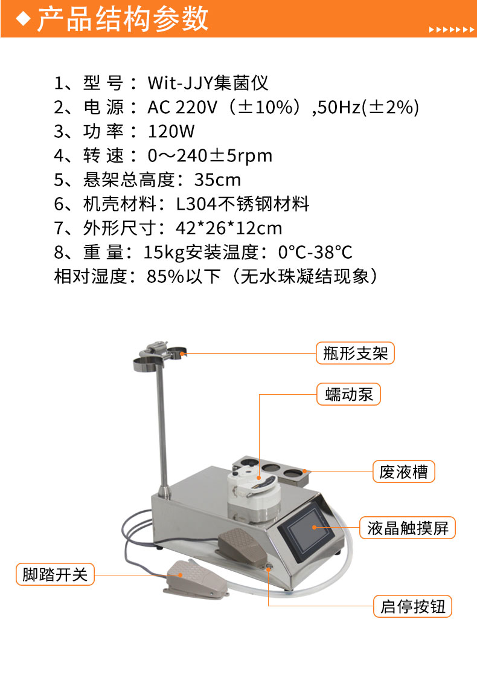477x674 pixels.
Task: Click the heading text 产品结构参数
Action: [123, 19]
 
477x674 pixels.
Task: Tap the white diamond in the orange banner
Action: [23, 19]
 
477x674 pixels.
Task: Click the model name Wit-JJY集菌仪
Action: [208, 83]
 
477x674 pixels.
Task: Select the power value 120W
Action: [171, 132]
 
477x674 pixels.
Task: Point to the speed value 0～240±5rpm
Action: [210, 155]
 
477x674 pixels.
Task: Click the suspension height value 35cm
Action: [218, 180]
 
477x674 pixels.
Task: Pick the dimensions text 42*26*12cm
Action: [229, 228]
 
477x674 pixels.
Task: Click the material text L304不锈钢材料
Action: [243, 204]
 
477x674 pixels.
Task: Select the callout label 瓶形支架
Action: [355, 354]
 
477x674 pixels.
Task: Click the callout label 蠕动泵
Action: [348, 394]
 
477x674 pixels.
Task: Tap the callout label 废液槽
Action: [403, 471]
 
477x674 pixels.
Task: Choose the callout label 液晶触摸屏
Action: [408, 528]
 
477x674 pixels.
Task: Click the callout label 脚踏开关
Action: [55, 574]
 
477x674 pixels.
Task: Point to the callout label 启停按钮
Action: [412, 606]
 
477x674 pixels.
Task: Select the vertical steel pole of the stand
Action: [162, 430]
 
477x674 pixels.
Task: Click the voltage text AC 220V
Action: [183, 108]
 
